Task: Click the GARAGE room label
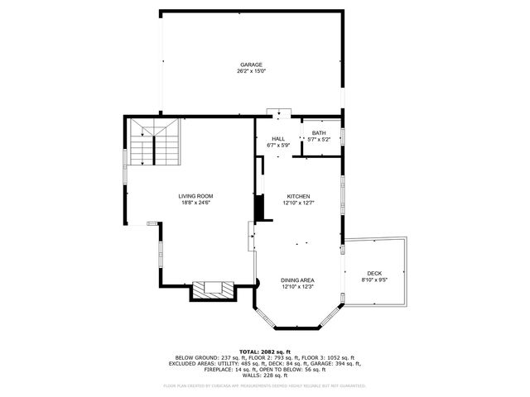[251, 65]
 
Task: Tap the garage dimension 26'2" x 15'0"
[251, 71]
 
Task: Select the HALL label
[278, 139]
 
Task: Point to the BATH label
[319, 133]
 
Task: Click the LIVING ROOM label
[195, 196]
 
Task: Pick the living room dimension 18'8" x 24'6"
[195, 203]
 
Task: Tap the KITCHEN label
[298, 196]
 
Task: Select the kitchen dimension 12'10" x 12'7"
[298, 203]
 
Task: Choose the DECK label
[375, 274]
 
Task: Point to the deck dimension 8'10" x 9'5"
[375, 280]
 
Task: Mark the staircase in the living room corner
[154, 141]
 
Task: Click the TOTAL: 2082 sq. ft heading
[264, 352]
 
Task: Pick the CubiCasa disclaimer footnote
[264, 385]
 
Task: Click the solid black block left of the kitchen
[259, 208]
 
